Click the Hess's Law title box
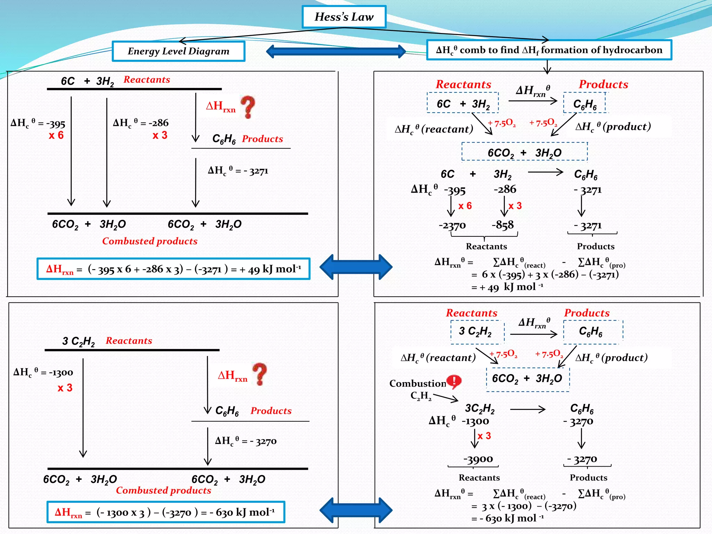click(x=344, y=17)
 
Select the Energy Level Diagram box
click(x=178, y=51)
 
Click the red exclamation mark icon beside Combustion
click(x=454, y=382)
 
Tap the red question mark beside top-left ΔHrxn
click(x=248, y=107)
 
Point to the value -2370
click(x=452, y=225)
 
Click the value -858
click(x=502, y=225)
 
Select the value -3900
click(x=478, y=459)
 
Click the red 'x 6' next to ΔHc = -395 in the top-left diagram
click(x=56, y=135)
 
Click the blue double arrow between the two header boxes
click(x=336, y=51)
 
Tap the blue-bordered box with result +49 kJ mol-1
click(x=173, y=269)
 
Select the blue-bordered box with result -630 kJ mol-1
click(x=165, y=512)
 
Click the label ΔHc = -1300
click(x=43, y=372)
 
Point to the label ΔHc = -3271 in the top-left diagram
click(x=238, y=171)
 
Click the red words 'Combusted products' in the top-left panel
click(x=149, y=241)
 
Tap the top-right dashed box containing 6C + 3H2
click(x=463, y=103)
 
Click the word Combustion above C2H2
click(x=418, y=383)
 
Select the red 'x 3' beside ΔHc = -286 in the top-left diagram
click(x=160, y=135)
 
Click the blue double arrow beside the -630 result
click(x=356, y=510)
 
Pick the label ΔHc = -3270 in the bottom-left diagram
click(x=245, y=441)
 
